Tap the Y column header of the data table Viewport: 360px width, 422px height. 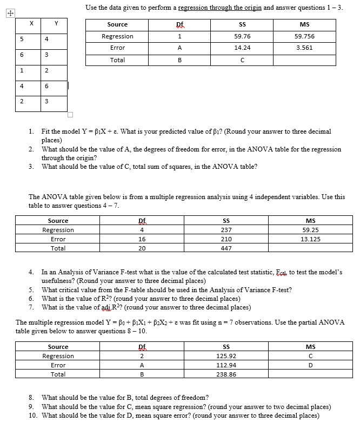pos(56,24)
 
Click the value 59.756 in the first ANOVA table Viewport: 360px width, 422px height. pos(304,36)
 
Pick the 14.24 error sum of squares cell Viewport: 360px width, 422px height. pos(242,48)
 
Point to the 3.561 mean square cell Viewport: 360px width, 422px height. pos(304,48)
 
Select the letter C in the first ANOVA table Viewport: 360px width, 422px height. pos(242,60)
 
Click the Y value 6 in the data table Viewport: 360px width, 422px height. pos(48,87)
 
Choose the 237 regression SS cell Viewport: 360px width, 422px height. pos(226,230)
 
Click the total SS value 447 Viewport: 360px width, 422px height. pos(226,248)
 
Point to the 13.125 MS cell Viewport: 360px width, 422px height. pos(310,239)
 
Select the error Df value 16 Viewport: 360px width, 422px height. pos(142,239)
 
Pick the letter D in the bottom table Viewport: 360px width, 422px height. pos(310,365)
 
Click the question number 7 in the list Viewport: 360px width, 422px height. pos(31,307)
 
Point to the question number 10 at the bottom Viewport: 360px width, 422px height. pos(32,415)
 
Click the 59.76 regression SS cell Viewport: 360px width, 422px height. pos(242,36)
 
